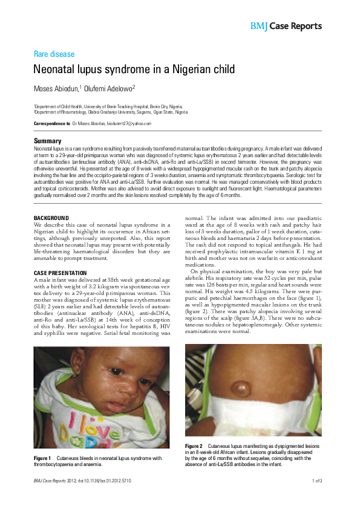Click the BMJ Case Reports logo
tap(286, 26)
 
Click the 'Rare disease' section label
tap(54, 54)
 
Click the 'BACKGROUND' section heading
tap(51, 218)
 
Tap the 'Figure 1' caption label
tap(42, 458)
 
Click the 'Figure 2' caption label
tap(194, 446)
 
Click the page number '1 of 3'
tap(316, 481)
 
